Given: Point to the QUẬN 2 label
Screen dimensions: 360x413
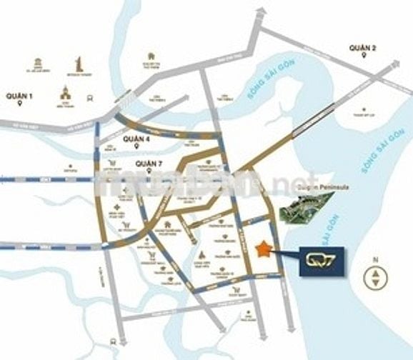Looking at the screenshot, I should (x=362, y=48).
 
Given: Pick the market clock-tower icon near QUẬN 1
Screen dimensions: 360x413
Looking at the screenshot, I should (x=65, y=94).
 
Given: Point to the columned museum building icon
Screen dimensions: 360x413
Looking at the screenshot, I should (x=34, y=61).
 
